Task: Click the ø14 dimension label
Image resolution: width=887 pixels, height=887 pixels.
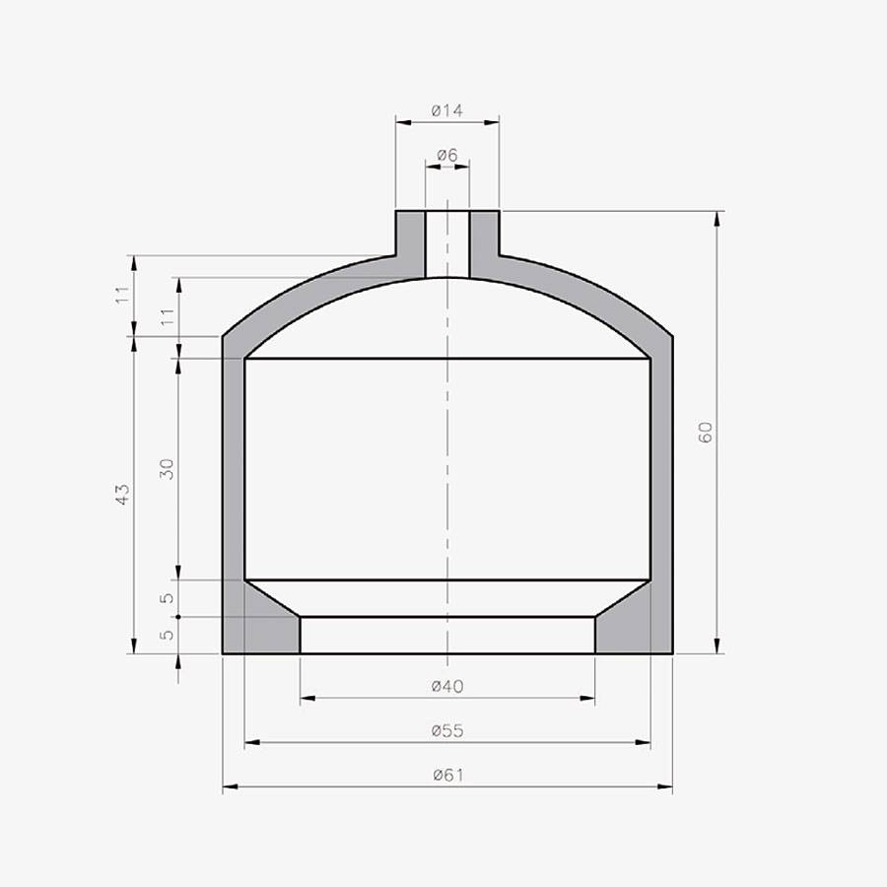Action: (446, 110)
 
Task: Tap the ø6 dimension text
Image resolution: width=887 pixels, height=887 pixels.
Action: (446, 155)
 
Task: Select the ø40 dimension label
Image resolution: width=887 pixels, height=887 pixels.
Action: (446, 686)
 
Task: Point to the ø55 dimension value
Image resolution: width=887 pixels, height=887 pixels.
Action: (446, 730)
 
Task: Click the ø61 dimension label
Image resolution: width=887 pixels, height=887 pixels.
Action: (447, 775)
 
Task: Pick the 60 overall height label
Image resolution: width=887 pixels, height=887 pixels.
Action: (706, 433)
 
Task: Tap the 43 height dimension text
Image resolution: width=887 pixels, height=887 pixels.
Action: (122, 495)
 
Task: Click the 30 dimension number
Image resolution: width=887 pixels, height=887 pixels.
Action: (167, 469)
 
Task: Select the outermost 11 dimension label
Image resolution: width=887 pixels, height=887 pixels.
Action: (122, 295)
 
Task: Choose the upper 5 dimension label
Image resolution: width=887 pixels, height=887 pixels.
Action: (167, 598)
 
